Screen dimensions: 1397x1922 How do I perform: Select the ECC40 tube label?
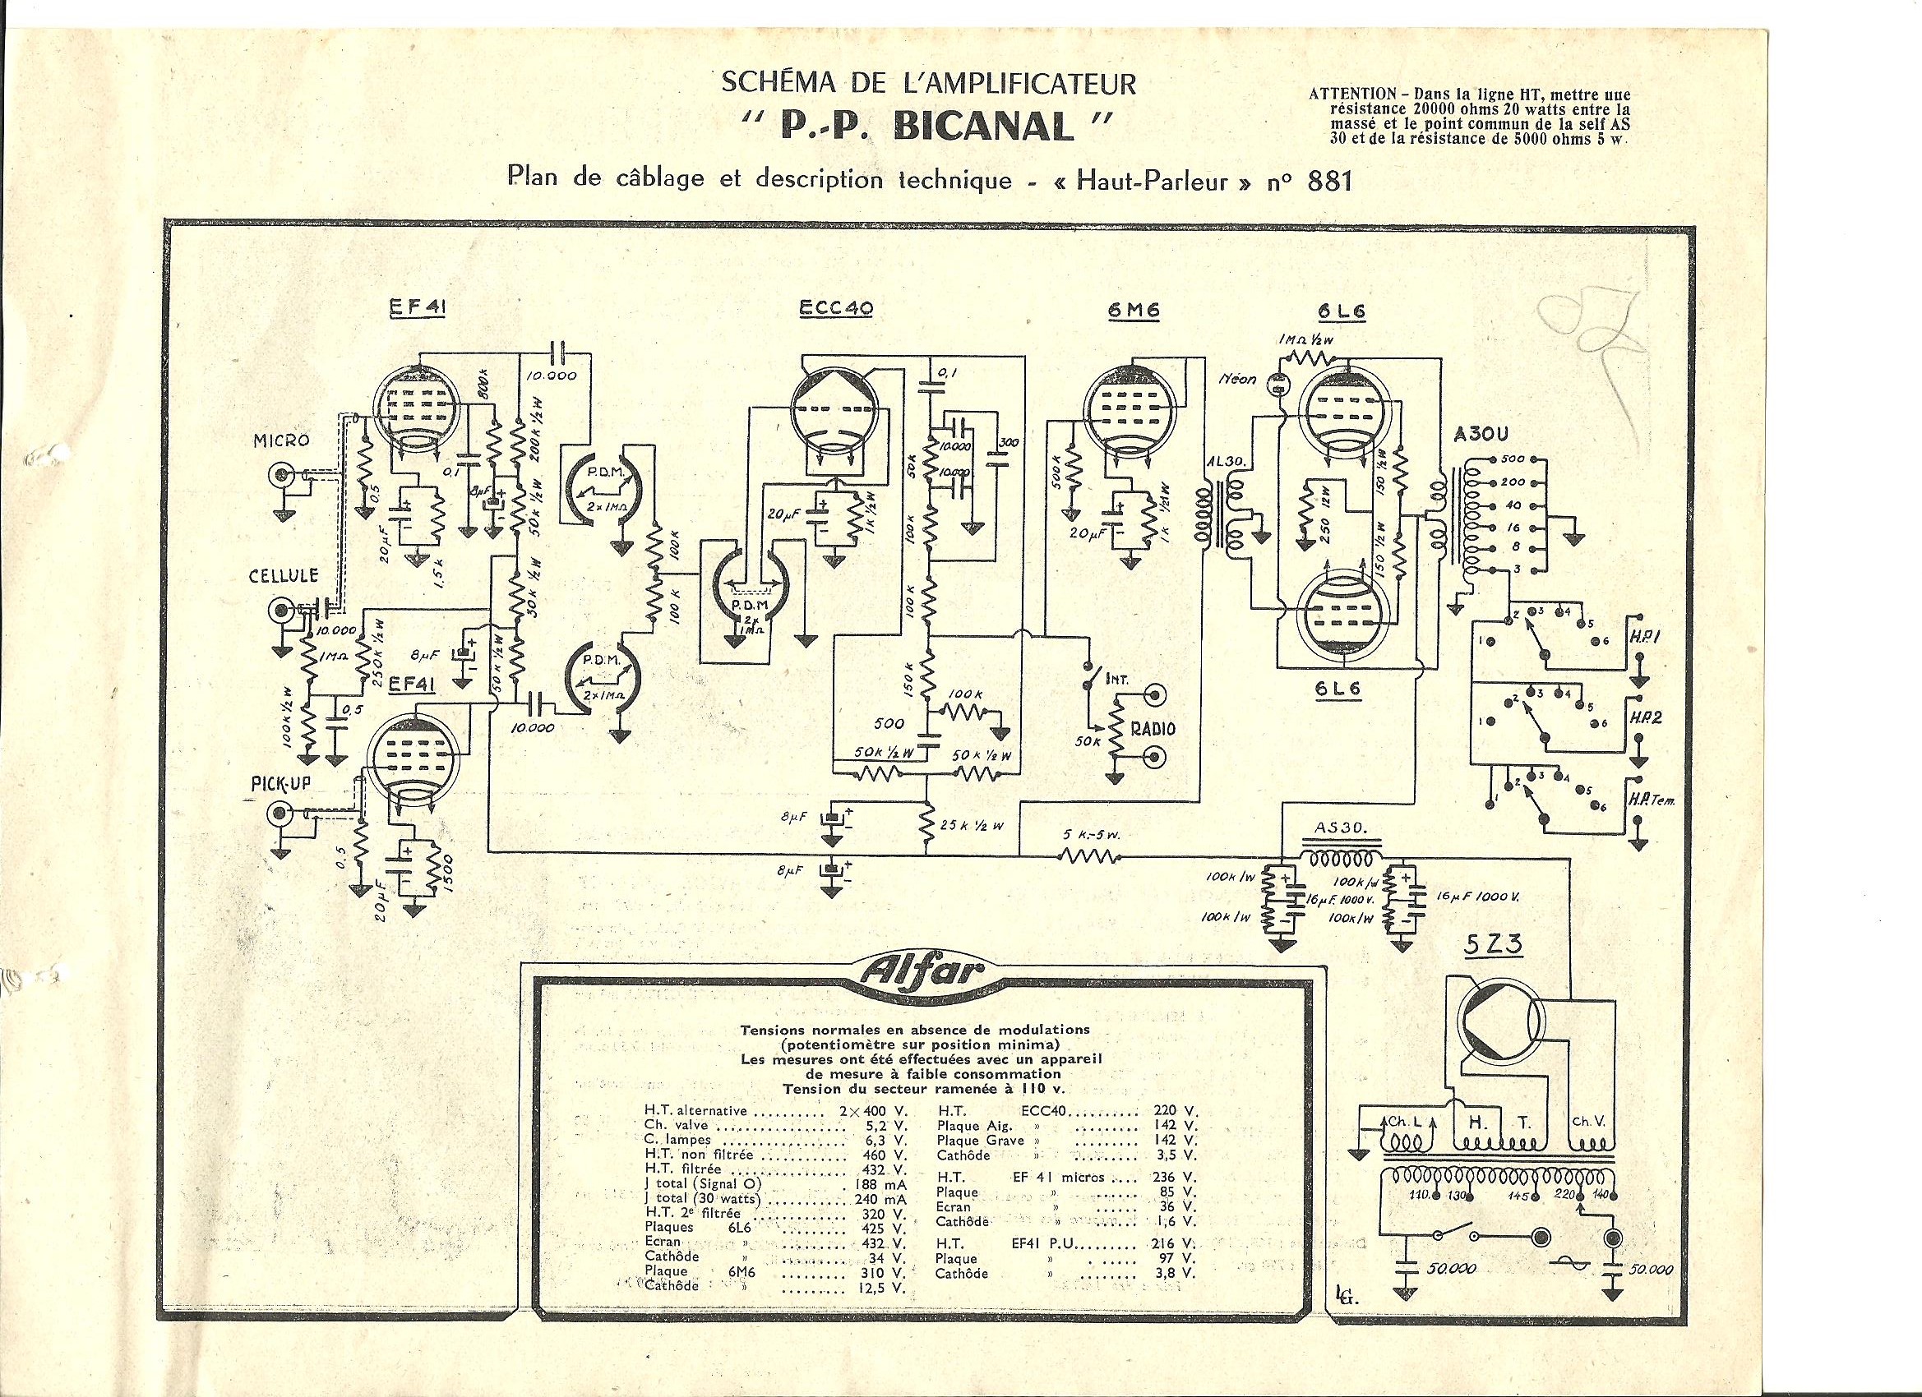[x=835, y=309]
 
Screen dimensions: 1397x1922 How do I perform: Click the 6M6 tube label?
[x=1133, y=311]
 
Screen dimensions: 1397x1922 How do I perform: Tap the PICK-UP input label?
[x=279, y=784]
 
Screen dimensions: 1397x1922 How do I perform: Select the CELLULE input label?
[x=283, y=576]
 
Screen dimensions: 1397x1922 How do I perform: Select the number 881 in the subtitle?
[x=1329, y=181]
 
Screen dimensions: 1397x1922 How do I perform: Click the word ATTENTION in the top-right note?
[x=1353, y=94]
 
